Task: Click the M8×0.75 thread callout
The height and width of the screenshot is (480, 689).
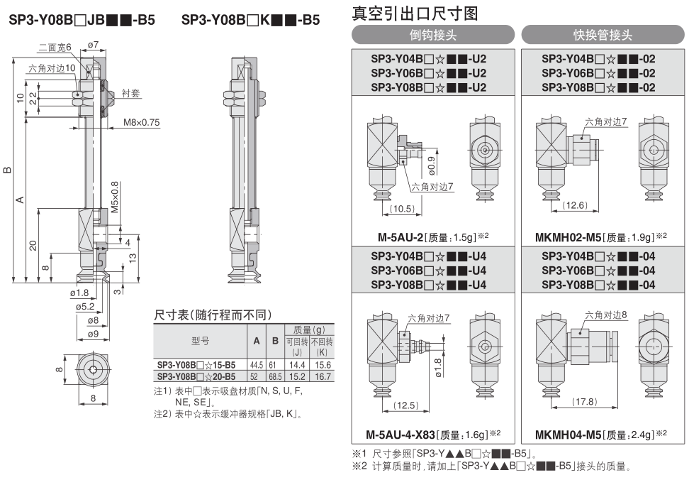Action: pyautogui.click(x=141, y=122)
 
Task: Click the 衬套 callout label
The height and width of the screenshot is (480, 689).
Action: pyautogui.click(x=130, y=92)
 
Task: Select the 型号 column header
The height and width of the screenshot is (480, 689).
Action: pyautogui.click(x=200, y=341)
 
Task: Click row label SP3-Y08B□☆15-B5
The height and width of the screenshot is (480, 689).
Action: pyautogui.click(x=196, y=364)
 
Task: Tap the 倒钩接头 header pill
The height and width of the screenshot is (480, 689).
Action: pyautogui.click(x=432, y=35)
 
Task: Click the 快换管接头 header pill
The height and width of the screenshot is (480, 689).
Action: pyautogui.click(x=603, y=35)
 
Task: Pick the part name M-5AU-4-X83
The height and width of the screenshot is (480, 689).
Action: pyautogui.click(x=399, y=434)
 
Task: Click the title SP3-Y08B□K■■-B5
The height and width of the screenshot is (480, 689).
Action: pyautogui.click(x=250, y=21)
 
